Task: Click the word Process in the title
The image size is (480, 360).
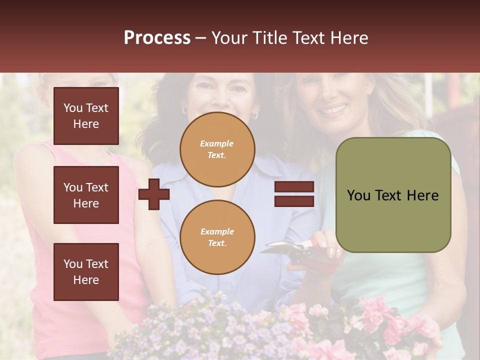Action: point(157,38)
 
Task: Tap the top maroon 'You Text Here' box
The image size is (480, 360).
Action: point(86,116)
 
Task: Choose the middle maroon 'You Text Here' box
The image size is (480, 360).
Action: point(86,195)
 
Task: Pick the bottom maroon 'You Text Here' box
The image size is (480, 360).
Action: point(86,272)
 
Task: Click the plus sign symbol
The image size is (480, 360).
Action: point(154,194)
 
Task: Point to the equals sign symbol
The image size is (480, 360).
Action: point(294,194)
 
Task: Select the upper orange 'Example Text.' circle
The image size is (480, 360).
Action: point(217,149)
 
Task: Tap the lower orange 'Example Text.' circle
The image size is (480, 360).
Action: point(217,237)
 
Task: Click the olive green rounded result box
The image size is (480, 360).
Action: point(393,195)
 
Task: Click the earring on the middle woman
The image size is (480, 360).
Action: point(254,115)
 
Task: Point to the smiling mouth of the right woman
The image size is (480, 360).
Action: point(333,108)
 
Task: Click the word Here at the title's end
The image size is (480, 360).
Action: point(349,38)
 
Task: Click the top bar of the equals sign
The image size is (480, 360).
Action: point(294,187)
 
